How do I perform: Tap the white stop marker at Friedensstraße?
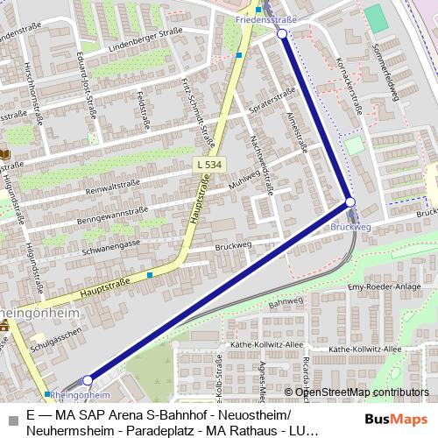(x=282, y=34)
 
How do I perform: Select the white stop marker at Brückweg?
(x=350, y=203)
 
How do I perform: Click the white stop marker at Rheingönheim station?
(x=88, y=380)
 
